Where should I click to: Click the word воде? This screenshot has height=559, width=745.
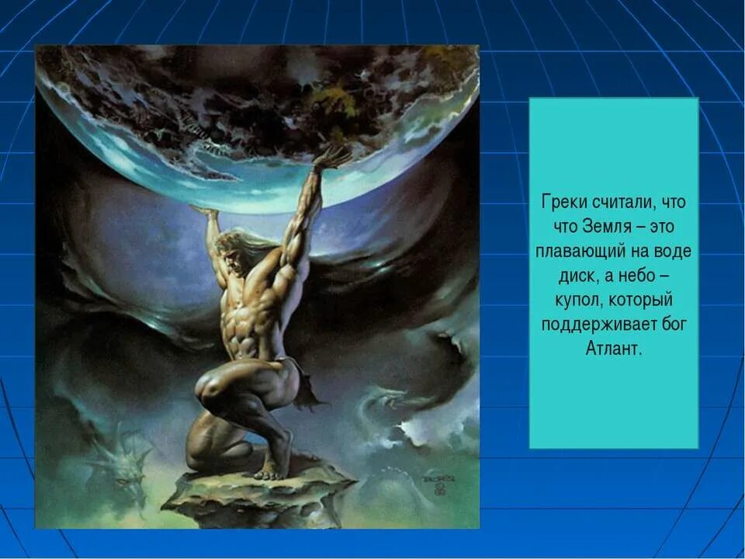tap(673, 252)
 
